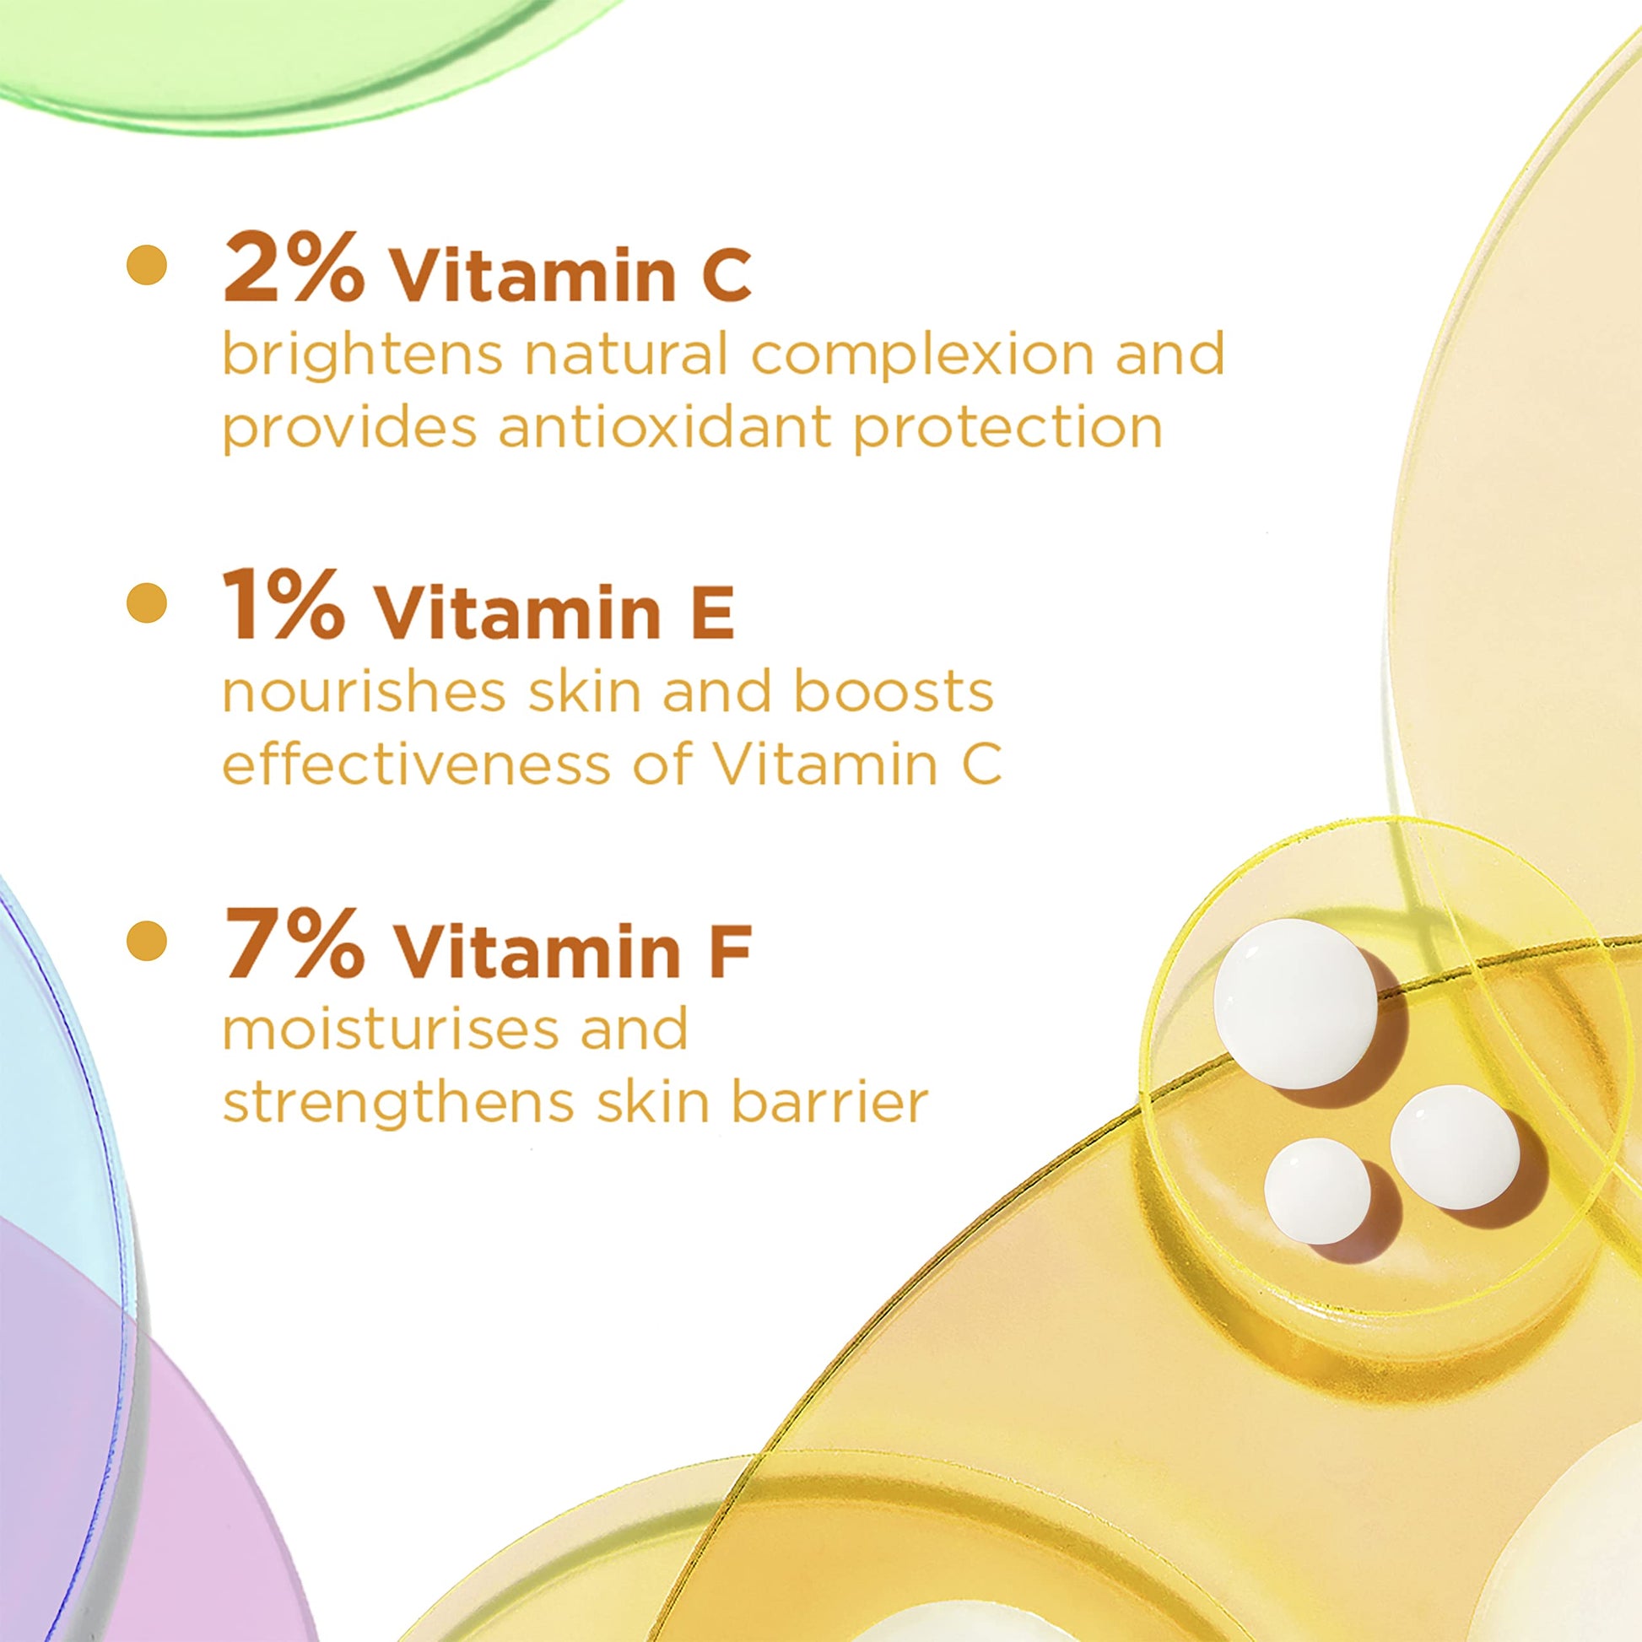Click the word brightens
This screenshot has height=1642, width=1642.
click(362, 356)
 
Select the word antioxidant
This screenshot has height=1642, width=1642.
click(664, 428)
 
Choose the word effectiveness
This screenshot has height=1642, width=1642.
click(417, 765)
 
